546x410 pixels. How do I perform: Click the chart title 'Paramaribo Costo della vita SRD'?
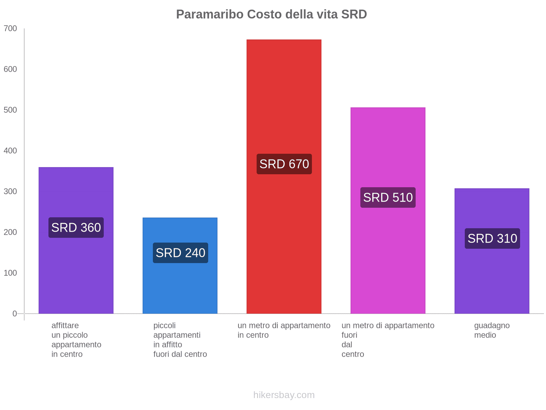tap(271, 14)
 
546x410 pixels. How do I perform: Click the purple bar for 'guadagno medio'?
tap(492, 280)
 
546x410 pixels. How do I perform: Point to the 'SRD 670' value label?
tap(284, 164)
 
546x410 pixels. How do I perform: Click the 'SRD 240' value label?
tap(181, 253)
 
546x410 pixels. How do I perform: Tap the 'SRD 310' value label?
tap(492, 238)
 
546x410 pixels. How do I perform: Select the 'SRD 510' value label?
tap(388, 197)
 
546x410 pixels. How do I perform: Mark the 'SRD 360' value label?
tap(76, 228)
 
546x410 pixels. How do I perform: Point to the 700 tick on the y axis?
tap(10, 29)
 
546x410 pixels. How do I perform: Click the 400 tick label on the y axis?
tap(10, 151)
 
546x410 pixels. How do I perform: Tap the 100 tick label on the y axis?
tap(10, 273)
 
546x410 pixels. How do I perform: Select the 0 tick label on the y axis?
tap(15, 314)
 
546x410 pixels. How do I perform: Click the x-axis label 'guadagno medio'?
tap(492, 330)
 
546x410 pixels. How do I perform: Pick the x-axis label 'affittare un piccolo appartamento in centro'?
tap(76, 340)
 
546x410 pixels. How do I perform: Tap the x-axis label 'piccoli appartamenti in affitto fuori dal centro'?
tap(180, 340)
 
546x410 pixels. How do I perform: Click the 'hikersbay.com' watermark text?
tap(284, 395)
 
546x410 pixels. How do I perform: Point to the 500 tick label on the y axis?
tap(10, 110)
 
